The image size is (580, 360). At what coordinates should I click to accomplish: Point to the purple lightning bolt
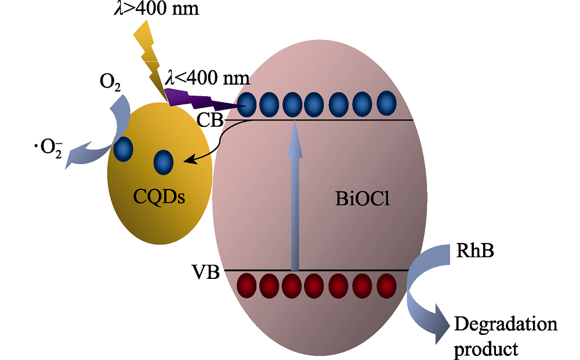(203, 99)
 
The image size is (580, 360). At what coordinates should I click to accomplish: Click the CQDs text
(159, 196)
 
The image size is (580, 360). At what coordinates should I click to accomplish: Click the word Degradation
(505, 325)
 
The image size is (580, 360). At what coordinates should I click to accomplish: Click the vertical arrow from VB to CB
(295, 197)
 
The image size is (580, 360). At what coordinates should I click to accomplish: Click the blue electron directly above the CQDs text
(163, 162)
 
